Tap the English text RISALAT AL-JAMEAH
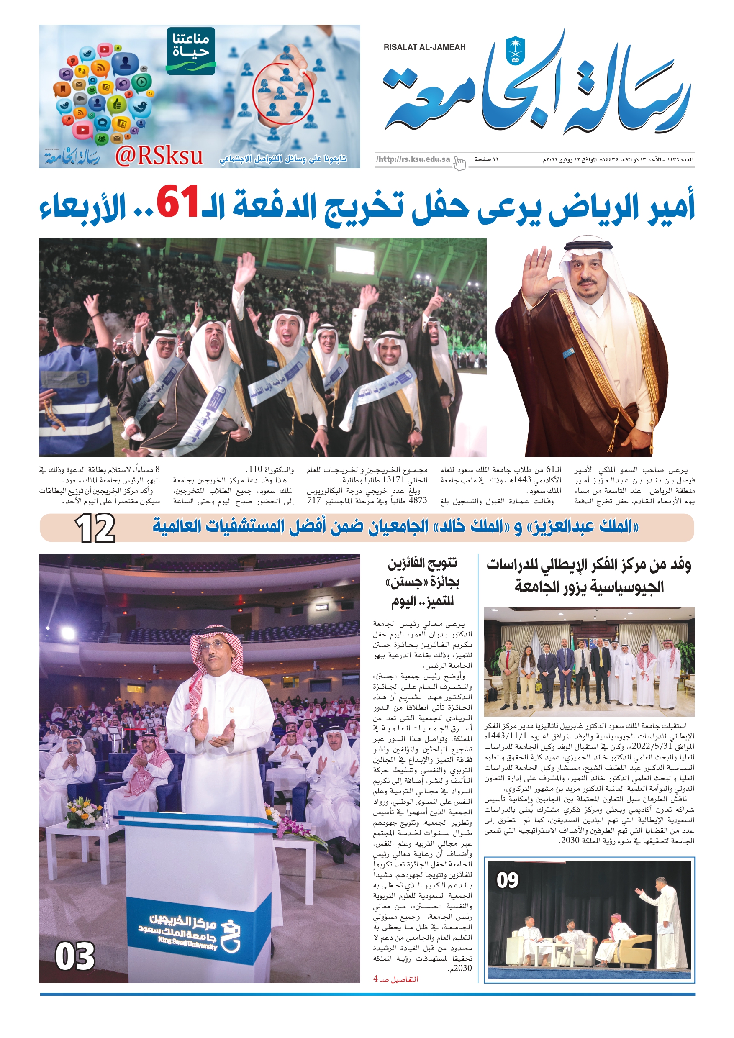pyautogui.click(x=424, y=47)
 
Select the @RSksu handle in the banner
pyautogui.click(x=158, y=156)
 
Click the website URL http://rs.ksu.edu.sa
pyautogui.click(x=413, y=159)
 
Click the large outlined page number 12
pyautogui.click(x=95, y=528)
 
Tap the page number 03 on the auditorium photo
pyautogui.click(x=75, y=956)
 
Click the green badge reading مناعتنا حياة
pyautogui.click(x=191, y=50)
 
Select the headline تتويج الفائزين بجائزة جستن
pyautogui.click(x=423, y=582)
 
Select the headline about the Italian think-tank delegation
pyautogui.click(x=589, y=576)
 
